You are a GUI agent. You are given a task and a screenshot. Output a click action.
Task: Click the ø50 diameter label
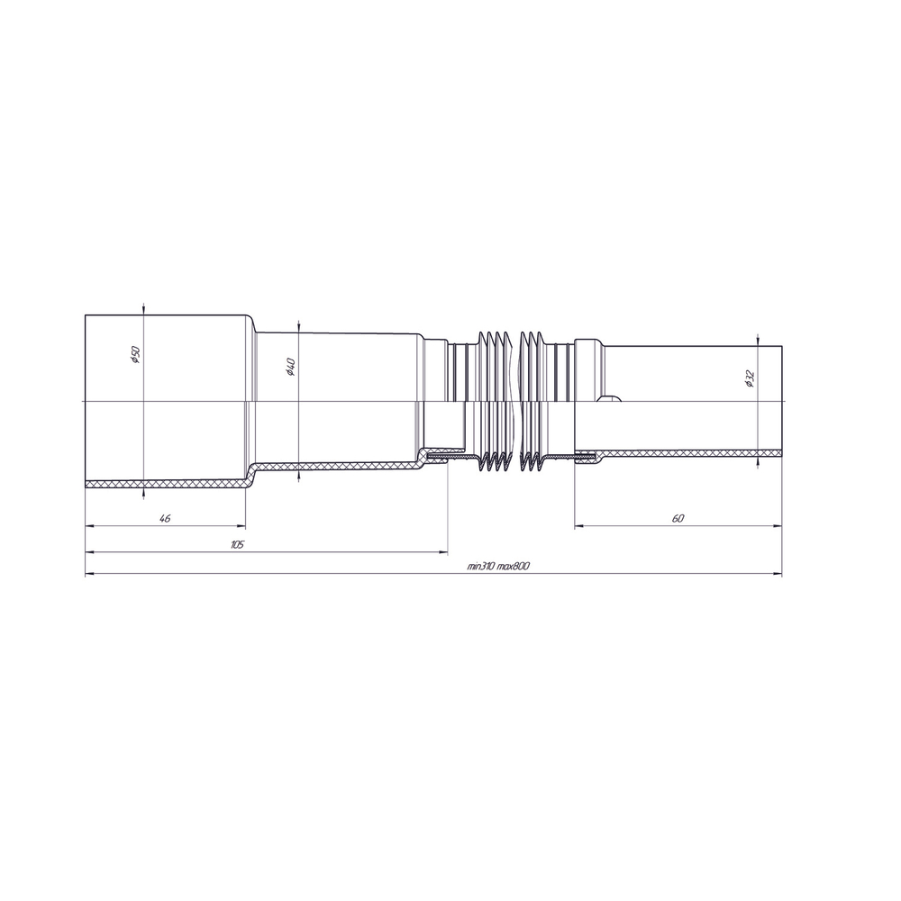134,355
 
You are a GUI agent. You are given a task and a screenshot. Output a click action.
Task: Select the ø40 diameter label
290,367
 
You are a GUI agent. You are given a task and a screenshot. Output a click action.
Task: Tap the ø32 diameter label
750,378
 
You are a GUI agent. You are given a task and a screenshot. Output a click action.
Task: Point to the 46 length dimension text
164,518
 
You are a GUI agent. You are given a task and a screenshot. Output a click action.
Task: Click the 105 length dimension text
237,544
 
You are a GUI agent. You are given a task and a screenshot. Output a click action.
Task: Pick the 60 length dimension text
678,518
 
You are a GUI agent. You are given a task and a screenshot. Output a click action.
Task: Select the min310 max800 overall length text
497,567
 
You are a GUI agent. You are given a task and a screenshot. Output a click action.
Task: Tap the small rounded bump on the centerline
610,399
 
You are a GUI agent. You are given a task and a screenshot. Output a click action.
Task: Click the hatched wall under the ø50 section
162,484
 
